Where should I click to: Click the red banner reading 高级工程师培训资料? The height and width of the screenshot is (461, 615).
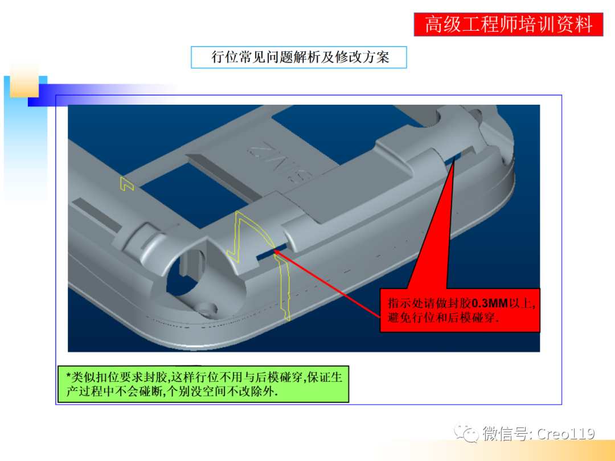point(508,24)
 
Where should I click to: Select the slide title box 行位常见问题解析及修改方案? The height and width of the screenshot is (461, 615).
point(299,57)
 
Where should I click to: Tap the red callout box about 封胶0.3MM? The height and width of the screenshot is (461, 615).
point(460,310)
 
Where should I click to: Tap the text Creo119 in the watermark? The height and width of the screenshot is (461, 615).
point(565,434)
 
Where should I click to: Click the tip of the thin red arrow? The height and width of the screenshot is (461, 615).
point(274,249)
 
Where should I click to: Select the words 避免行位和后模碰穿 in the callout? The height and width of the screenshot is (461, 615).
point(442,318)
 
